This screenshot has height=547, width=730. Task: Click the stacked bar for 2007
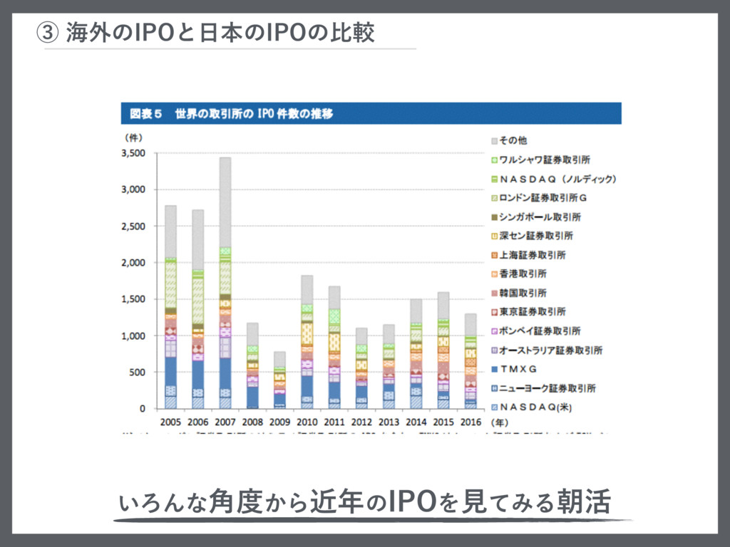[225, 285]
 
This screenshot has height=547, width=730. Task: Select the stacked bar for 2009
[279, 381]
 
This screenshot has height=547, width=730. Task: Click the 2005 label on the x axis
[170, 422]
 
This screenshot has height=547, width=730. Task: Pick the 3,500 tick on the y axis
[133, 153]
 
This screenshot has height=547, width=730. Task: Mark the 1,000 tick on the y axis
[133, 335]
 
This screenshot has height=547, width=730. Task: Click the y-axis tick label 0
[142, 409]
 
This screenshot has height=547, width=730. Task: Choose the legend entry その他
[513, 141]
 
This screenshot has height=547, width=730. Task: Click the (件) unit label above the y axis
[133, 136]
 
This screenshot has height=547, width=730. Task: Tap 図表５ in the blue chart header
[146, 113]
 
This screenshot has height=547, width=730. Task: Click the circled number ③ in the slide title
[46, 33]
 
